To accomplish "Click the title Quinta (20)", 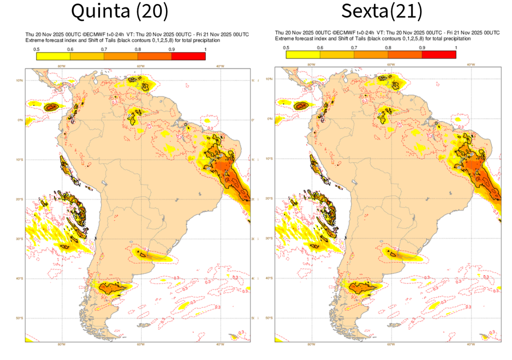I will tap(119, 10).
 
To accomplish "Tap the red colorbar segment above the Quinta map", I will tap(188, 56).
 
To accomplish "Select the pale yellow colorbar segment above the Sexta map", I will tap(302, 54).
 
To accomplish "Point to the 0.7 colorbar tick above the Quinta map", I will tap(104, 49).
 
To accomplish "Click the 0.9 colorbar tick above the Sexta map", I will tap(422, 47).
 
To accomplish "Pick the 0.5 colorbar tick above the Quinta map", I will tap(36, 49).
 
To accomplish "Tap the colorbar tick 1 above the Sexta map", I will tap(455, 47).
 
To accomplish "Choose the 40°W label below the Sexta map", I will tap(470, 344).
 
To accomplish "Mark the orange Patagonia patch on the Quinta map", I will tap(111, 288).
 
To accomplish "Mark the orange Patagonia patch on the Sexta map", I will tap(361, 287).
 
